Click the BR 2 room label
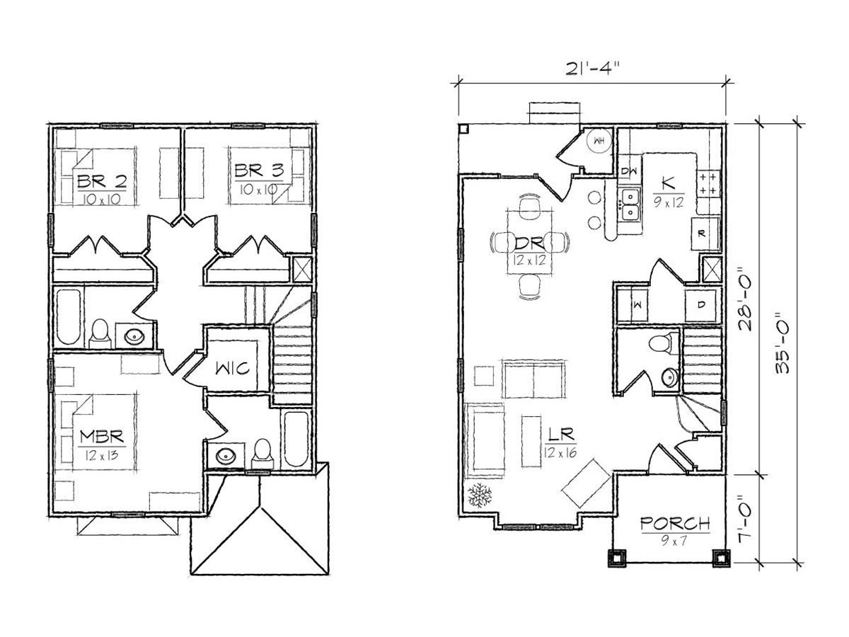[102, 181]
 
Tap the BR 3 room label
[260, 171]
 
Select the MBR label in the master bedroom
[102, 436]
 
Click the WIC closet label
[232, 368]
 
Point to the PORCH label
[676, 524]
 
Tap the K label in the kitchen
[669, 183]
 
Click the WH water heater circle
[599, 141]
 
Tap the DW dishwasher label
[629, 171]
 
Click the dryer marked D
[701, 305]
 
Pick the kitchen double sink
[630, 205]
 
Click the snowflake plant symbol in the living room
[480, 495]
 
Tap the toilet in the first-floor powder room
[662, 343]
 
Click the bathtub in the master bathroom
[296, 440]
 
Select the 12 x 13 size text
[102, 456]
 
